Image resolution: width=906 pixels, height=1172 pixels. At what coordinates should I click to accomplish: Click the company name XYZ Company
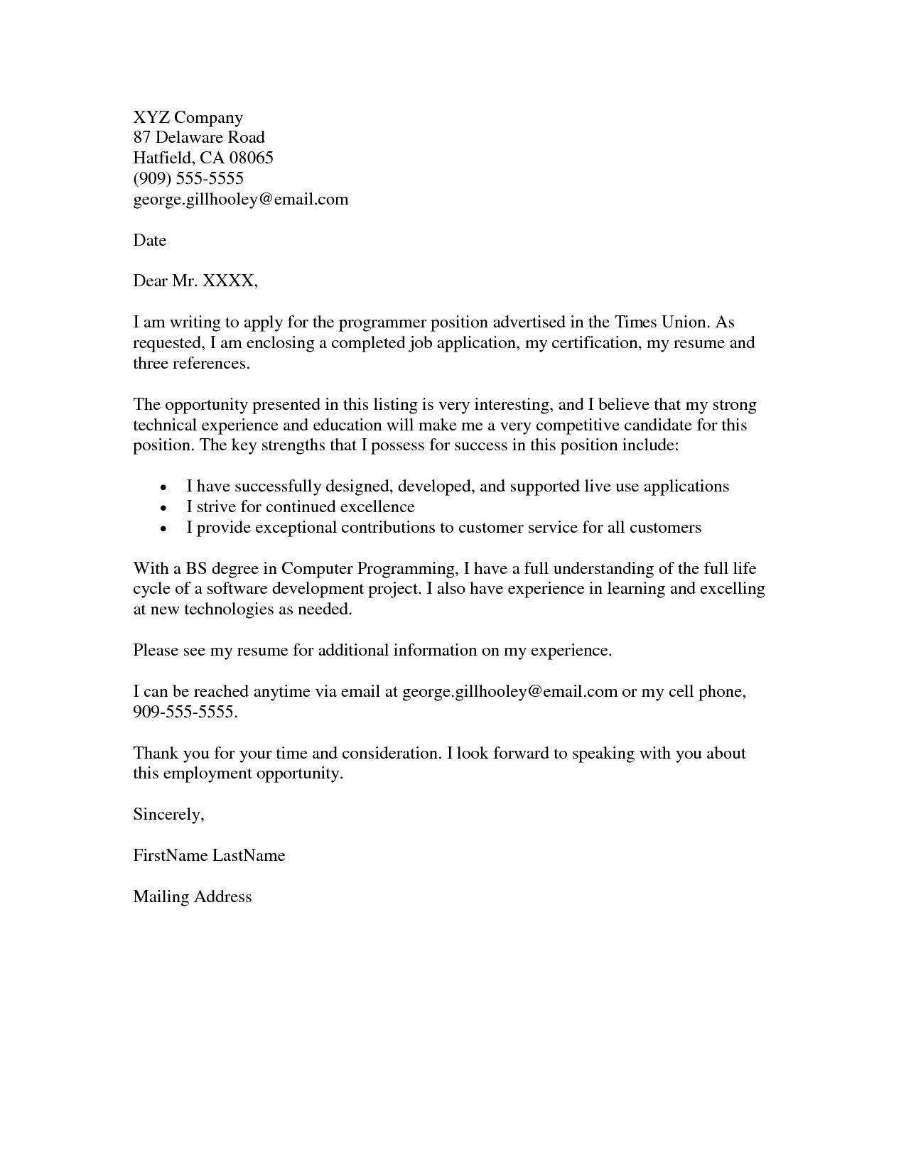point(188,118)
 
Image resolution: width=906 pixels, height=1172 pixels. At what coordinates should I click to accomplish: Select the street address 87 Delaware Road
point(199,138)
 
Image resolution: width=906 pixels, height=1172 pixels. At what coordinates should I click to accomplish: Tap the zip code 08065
point(251,158)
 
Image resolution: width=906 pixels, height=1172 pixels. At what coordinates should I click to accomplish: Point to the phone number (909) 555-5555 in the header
point(188,178)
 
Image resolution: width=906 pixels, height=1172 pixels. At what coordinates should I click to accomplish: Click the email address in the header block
point(241,200)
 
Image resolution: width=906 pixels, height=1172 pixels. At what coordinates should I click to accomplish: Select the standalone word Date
point(149,241)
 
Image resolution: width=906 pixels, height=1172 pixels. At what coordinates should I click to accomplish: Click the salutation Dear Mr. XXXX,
point(195,281)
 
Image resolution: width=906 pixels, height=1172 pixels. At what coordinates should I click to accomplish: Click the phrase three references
point(192,364)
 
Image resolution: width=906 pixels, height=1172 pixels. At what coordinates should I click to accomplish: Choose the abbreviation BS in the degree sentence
point(195,569)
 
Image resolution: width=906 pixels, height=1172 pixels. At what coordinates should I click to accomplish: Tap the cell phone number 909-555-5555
point(185,712)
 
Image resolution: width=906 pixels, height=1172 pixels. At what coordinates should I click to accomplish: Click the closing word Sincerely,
point(168,815)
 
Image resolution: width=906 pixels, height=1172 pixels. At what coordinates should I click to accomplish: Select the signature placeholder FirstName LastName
point(209,855)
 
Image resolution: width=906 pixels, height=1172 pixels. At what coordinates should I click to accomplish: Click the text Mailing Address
point(193,896)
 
